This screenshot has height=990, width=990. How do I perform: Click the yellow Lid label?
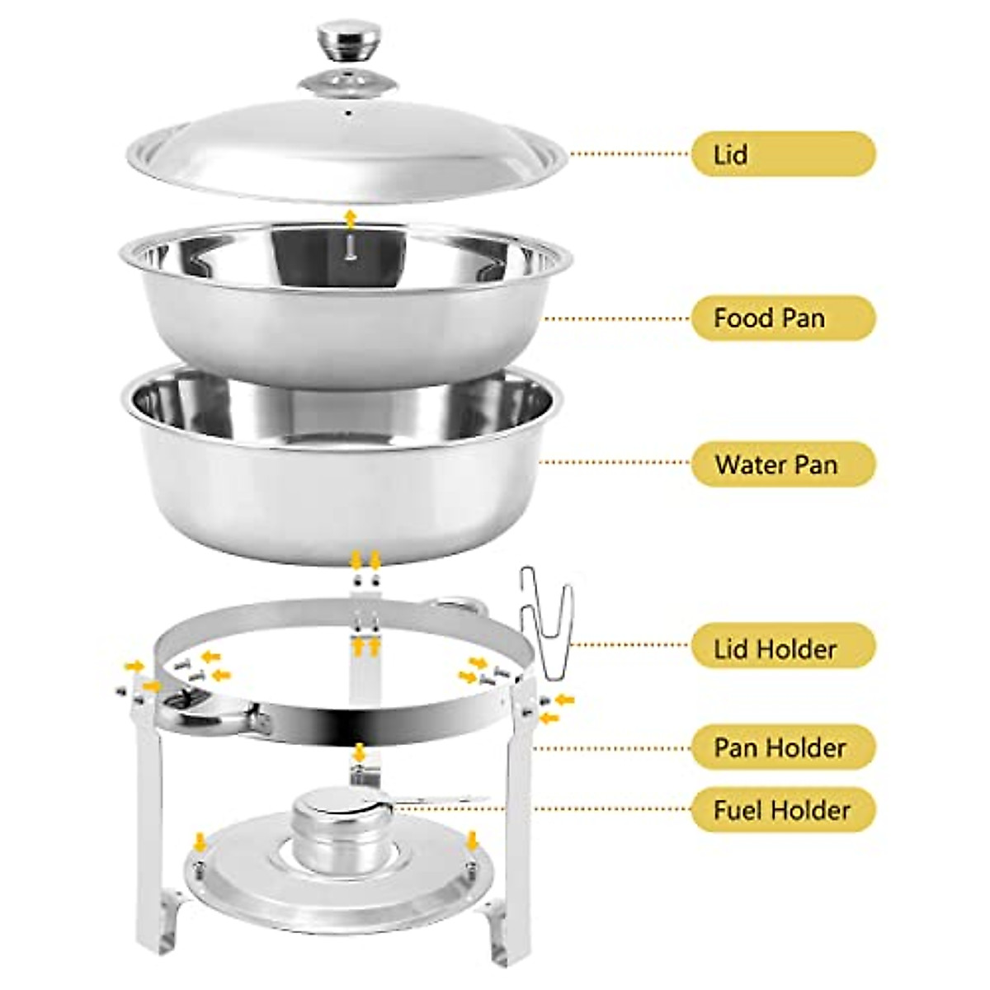tap(782, 154)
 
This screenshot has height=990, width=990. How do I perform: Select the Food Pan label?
tap(782, 318)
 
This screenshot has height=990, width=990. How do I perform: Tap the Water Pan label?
tap(782, 464)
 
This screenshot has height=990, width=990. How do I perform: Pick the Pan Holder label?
tap(782, 747)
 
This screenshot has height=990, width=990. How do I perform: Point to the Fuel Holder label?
tap(782, 809)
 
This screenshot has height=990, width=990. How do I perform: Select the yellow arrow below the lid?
tap(351, 218)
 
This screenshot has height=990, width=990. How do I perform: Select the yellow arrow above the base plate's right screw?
tap(471, 841)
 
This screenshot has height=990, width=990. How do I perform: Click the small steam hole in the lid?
tap(348, 112)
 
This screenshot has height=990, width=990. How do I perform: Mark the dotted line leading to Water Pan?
tap(615, 463)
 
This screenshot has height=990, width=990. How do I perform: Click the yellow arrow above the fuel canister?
tap(359, 752)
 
